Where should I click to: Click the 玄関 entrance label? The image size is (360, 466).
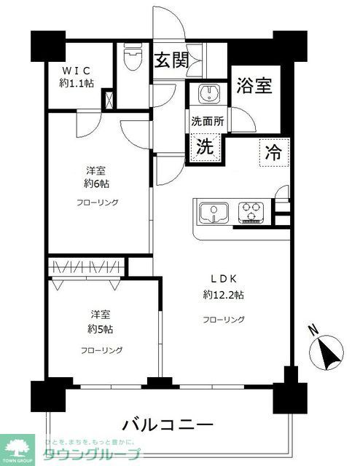tap(172, 61)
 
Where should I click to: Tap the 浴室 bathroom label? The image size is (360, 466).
tap(254, 86)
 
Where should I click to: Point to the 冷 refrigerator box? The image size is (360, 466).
tap(273, 153)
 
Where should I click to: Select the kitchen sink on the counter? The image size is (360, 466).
tap(214, 213)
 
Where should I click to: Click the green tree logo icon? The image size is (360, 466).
tap(19, 446)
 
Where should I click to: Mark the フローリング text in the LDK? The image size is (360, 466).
tap(224, 319)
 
